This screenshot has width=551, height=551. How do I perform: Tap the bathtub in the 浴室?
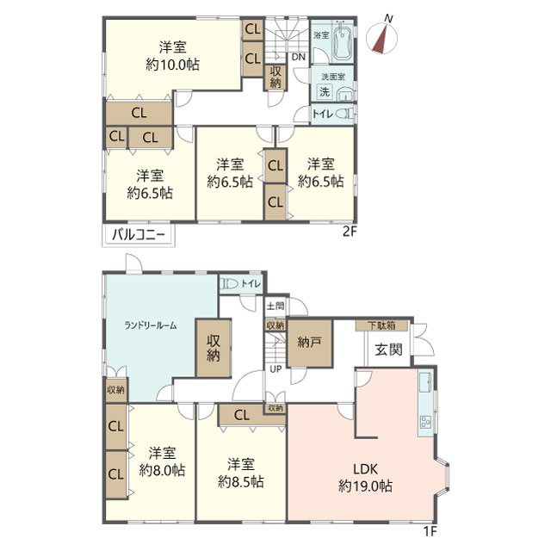(x=343, y=40)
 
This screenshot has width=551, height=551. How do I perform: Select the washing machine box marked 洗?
(x=325, y=92)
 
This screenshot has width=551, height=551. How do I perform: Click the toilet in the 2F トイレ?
(x=345, y=114)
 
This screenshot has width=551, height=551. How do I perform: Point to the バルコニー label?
(x=138, y=234)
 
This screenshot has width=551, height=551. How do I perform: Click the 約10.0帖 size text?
(x=172, y=65)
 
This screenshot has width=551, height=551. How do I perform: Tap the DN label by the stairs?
(x=299, y=57)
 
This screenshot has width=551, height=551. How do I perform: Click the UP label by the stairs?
(x=275, y=369)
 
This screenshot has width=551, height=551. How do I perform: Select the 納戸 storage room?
(x=310, y=344)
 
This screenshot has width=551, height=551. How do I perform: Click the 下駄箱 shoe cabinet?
(x=381, y=325)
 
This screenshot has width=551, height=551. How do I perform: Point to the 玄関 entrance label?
(x=388, y=350)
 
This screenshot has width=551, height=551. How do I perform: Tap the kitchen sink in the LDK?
(x=426, y=382)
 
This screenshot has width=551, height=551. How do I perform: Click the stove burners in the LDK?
(x=426, y=421)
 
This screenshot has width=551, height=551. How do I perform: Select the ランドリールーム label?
(x=150, y=325)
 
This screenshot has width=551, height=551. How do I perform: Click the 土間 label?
(x=275, y=306)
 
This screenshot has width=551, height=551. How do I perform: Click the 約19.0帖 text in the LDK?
(x=365, y=486)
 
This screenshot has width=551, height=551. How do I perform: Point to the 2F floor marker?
(x=350, y=232)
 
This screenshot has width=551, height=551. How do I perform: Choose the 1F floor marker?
(x=430, y=532)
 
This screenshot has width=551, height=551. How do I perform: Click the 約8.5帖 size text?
(x=241, y=482)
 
